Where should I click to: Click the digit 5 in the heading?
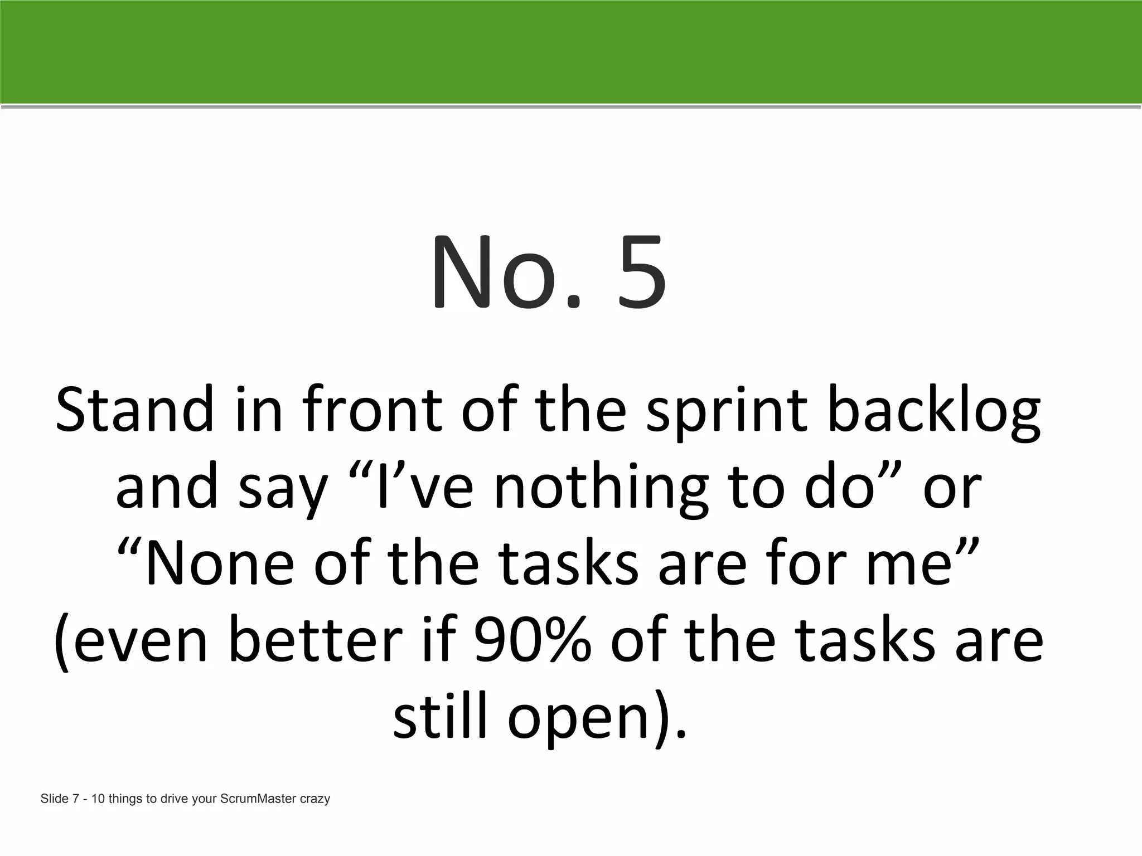tap(642, 273)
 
